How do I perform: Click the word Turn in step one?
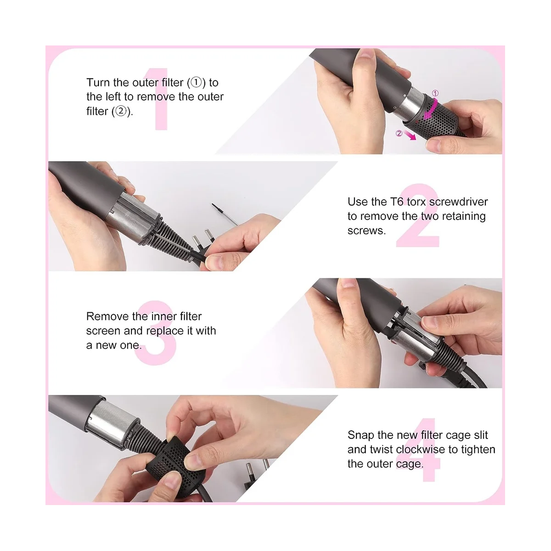pyautogui.click(x=98, y=83)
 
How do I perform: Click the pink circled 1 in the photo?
pyautogui.click(x=435, y=94)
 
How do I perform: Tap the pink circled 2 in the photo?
pyautogui.click(x=399, y=133)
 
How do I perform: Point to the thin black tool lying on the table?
pyautogui.click(x=225, y=214)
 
